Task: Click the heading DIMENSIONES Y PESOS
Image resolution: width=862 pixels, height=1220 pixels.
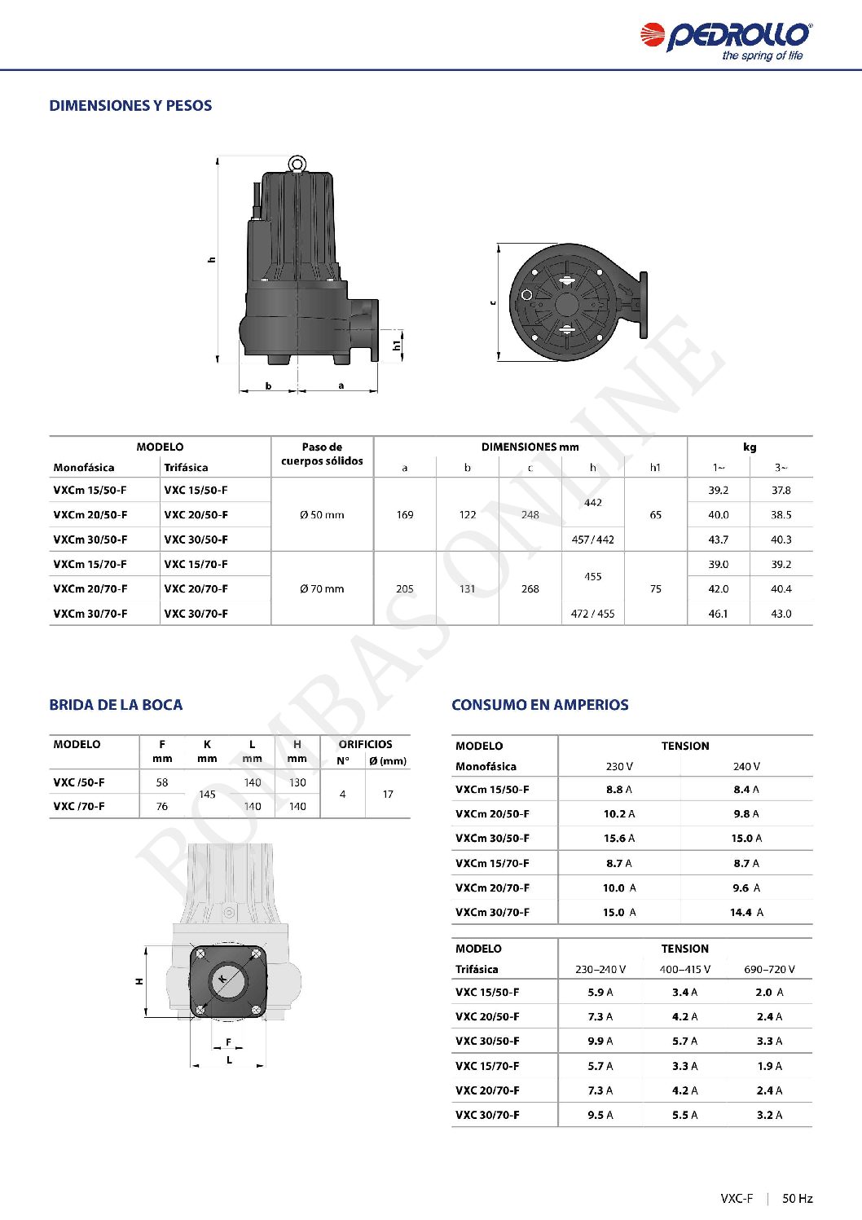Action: pos(130,106)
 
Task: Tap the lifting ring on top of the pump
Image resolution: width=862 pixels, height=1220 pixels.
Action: pos(297,165)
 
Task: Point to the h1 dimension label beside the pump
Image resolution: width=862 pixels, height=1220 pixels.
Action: pos(397,346)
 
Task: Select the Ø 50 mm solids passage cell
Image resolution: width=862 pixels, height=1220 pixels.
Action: pos(322,515)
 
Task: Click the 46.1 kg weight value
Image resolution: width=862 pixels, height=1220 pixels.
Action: pos(718,614)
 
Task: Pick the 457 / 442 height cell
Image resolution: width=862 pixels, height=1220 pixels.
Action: pos(592,540)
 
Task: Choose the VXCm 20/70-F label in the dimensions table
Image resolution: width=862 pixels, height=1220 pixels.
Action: pos(90,589)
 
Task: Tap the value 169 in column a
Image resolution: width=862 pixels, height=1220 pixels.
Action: pos(405,515)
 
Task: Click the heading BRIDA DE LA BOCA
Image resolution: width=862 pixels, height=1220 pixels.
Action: pos(116,705)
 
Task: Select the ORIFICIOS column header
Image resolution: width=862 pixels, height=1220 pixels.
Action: pos(365,744)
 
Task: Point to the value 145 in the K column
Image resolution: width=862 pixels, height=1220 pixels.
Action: pos(207,795)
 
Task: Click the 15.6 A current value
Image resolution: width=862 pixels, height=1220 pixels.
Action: pos(618,839)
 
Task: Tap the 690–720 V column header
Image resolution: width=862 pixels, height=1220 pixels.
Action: pos(768,970)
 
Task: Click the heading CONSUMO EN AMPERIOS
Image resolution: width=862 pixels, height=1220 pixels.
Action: pos(540,705)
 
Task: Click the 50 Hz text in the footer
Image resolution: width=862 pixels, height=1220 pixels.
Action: pos(797,1199)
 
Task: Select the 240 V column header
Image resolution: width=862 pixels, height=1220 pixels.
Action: pos(745,767)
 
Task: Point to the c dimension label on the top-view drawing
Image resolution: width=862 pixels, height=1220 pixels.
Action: pos(493,302)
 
